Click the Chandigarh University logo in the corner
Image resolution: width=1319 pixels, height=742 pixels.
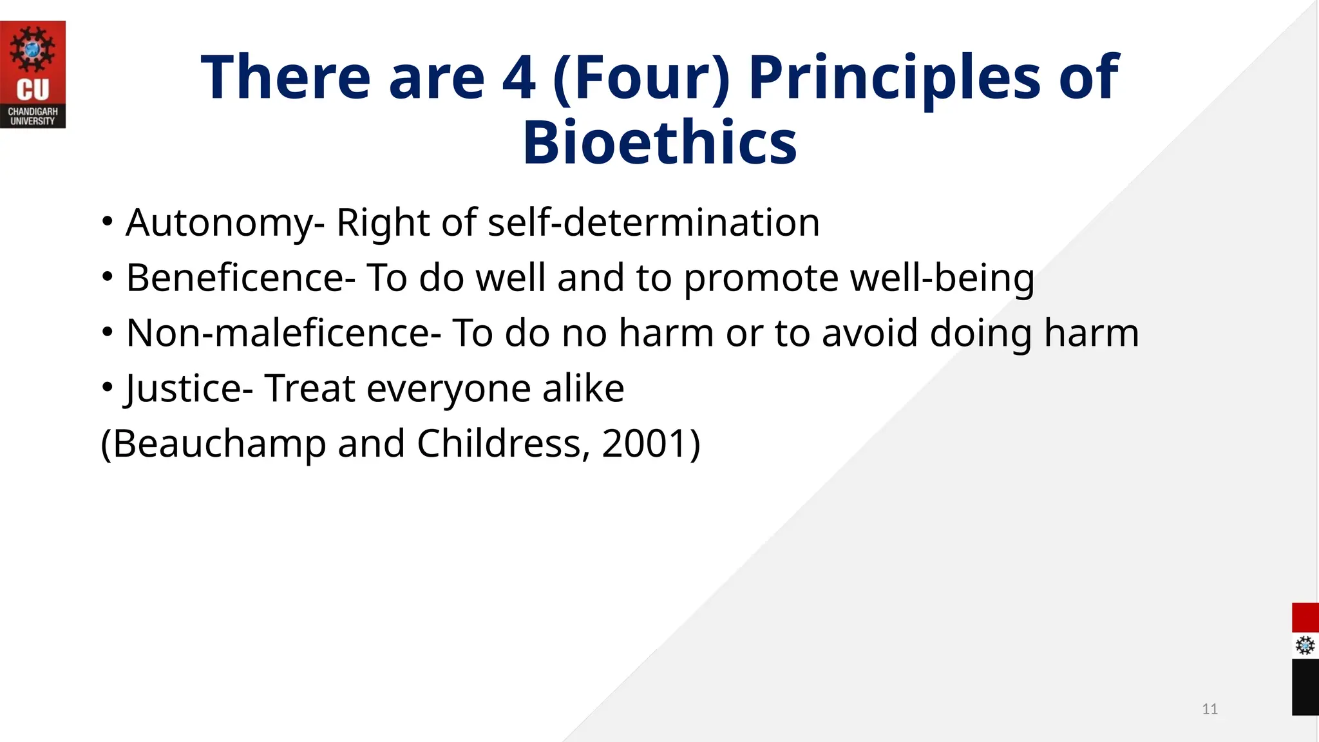click(x=32, y=74)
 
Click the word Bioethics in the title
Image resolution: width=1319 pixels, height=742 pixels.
click(x=659, y=142)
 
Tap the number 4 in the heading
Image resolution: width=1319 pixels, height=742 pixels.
click(x=519, y=77)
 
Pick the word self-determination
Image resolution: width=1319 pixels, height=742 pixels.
click(x=653, y=223)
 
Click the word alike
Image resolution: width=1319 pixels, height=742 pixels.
click(x=583, y=389)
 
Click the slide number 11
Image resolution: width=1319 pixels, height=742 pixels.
click(x=1210, y=709)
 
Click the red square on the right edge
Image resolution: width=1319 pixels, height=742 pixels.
click(x=1305, y=618)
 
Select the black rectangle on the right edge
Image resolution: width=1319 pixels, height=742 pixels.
click(x=1305, y=687)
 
